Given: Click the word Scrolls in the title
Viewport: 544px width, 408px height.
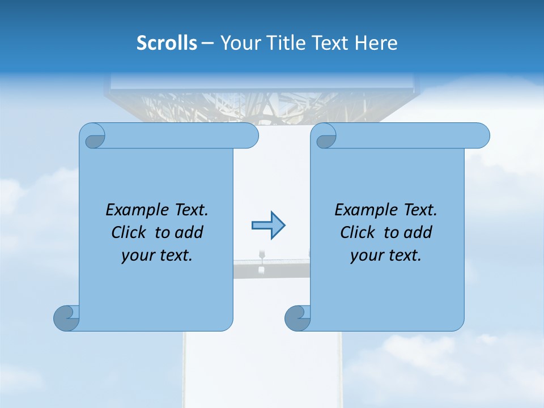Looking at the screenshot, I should pos(167,43).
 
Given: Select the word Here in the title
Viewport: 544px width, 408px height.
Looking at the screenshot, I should pos(376,43).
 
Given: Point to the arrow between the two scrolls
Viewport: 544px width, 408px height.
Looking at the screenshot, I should pos(268,226).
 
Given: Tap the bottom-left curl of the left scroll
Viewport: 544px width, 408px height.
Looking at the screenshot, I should pos(67,318).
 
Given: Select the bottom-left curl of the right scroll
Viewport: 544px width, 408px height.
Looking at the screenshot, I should pos(298,318).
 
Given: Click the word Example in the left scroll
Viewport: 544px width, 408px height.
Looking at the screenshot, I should pos(134,210).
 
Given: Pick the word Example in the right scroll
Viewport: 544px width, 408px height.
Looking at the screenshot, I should pos(363,210).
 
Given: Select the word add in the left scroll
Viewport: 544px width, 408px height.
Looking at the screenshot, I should pos(189,232).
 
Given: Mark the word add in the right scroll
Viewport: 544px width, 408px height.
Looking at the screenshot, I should pos(418,232).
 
